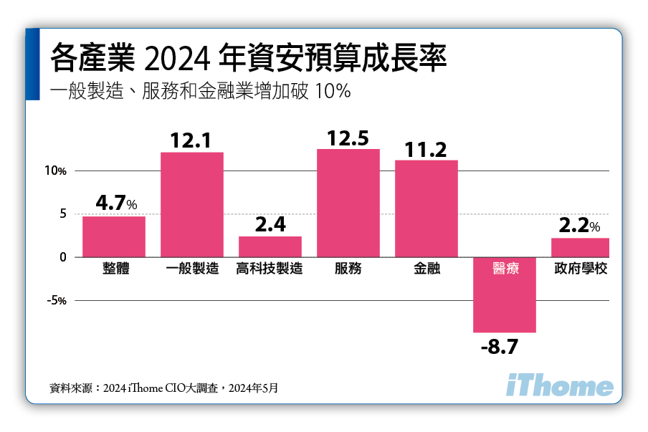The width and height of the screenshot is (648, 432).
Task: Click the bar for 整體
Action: pos(114,236)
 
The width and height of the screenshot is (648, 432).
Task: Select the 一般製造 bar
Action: pos(192,205)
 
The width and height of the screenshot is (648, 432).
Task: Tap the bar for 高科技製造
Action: pos(270,246)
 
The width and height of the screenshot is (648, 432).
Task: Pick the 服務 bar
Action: pos(348,203)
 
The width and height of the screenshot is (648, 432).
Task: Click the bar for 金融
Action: pos(427,208)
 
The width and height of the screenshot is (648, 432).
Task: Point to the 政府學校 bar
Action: pos(580,247)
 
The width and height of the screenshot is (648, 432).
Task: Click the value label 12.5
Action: pos(348,138)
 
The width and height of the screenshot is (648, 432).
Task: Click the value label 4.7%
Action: pos(116,203)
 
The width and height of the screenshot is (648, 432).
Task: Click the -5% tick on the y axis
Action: pos(57,301)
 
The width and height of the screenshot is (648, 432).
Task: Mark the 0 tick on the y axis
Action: pos(63,257)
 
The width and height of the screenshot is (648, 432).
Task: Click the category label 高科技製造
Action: pos(270,269)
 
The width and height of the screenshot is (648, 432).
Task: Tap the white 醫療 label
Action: pos(505,269)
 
